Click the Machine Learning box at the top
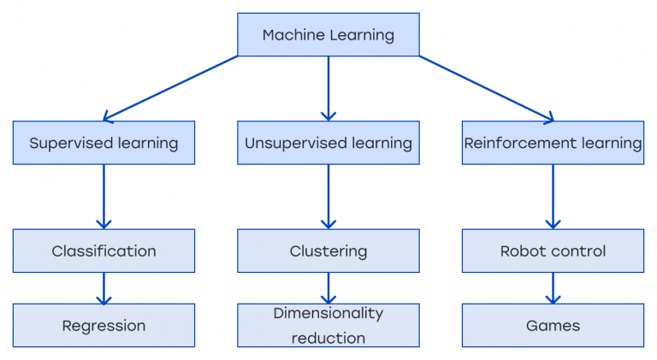tap(328, 35)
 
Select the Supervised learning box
tap(104, 143)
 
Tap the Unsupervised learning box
tap(328, 143)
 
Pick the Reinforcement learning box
tap(553, 143)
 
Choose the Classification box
tap(104, 251)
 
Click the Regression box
tap(104, 325)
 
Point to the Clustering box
tap(328, 251)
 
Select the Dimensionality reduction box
tap(328, 325)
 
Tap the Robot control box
tap(553, 251)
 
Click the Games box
tap(553, 325)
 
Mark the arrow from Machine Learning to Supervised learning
tap(171, 88)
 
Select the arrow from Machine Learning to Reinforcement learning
tap(486, 88)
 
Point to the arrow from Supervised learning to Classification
tap(104, 197)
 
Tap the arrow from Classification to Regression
tap(104, 288)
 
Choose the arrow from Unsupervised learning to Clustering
tap(328, 197)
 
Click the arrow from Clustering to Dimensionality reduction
tap(328, 288)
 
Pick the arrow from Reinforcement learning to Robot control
tap(553, 197)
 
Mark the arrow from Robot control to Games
tap(553, 288)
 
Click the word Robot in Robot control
tap(522, 251)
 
